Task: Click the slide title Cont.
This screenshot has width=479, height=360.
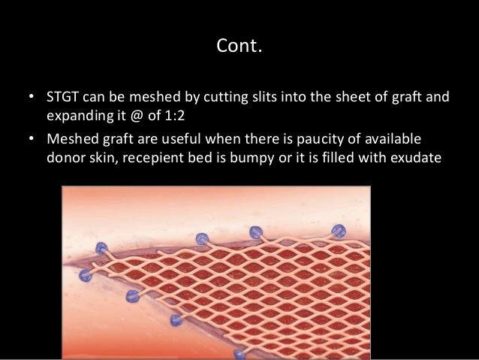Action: coord(239,48)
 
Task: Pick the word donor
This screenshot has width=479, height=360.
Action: coord(66,159)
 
